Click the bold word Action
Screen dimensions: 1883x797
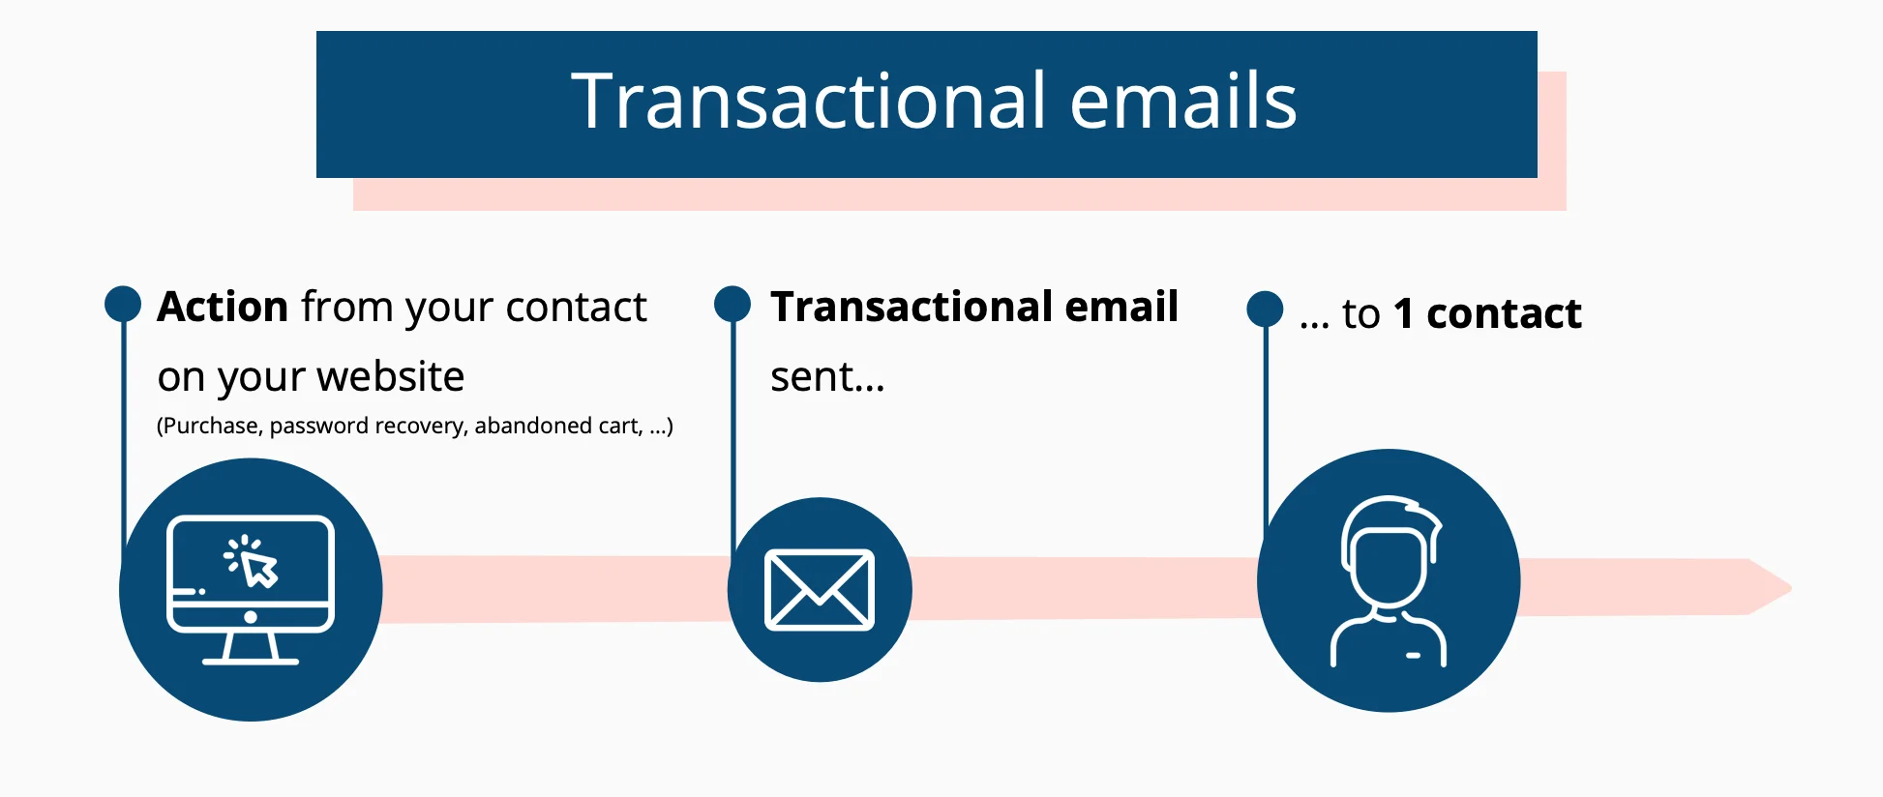[223, 307]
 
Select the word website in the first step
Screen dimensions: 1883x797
[391, 376]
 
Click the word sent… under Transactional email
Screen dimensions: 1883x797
[827, 377]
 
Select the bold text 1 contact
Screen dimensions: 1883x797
[1487, 313]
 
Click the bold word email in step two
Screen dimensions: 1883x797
[1121, 307]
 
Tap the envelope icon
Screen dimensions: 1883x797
[820, 590]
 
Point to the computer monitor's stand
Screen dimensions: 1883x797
[251, 648]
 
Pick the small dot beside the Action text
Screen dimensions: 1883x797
[123, 304]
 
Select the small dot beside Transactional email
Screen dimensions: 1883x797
[732, 304]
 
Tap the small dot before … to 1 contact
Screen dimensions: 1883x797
[1265, 310]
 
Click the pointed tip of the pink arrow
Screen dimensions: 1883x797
[1791, 587]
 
